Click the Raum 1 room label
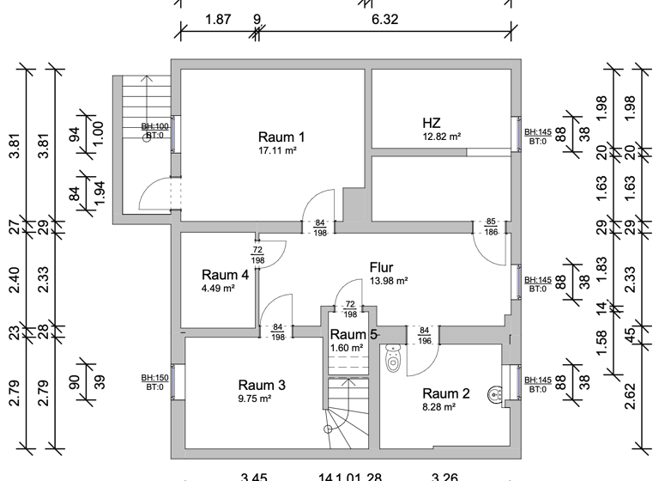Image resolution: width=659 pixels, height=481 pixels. tap(281, 137)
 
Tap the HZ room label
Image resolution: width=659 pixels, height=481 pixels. tap(431, 122)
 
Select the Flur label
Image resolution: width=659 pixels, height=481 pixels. tap(381, 267)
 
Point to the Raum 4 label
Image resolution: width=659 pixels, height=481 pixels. tap(225, 275)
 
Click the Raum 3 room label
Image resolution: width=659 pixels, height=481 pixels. tap(261, 385)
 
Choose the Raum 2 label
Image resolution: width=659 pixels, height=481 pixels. tap(446, 393)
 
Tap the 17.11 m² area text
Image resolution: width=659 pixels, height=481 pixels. tap(277, 150)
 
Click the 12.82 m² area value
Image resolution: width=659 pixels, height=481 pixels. tap(441, 137)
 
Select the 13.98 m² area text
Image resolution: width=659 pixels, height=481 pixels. tap(388, 281)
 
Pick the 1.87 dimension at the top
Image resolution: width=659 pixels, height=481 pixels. tap(220, 18)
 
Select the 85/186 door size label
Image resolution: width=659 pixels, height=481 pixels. tap(492, 227)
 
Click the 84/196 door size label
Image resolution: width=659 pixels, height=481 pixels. tap(424, 335)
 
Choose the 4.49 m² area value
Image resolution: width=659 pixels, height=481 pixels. tap(218, 289)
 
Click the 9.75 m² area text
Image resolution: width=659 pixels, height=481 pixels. tap(255, 399)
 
